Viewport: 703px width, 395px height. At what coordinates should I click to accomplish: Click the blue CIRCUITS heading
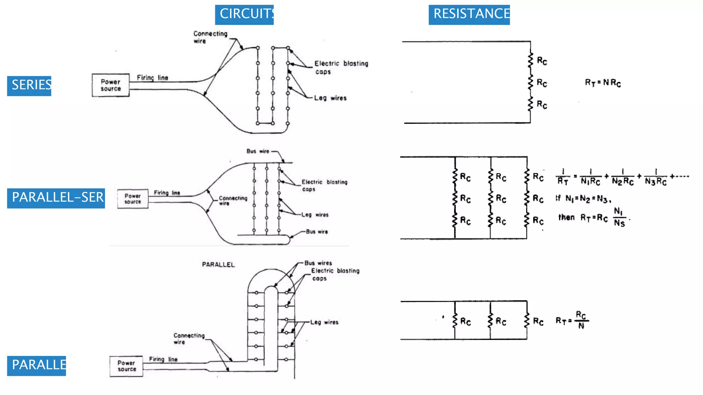pyautogui.click(x=244, y=14)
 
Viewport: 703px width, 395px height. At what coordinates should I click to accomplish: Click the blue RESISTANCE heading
pyautogui.click(x=469, y=14)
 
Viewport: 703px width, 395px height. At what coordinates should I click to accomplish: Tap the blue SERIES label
pyautogui.click(x=29, y=86)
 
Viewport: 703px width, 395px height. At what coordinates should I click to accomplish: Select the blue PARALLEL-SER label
pyautogui.click(x=56, y=198)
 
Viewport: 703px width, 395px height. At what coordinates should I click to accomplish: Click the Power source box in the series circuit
pyautogui.click(x=111, y=85)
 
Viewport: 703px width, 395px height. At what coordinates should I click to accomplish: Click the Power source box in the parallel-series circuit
pyautogui.click(x=132, y=199)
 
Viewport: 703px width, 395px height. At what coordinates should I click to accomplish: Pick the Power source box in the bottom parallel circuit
pyautogui.click(x=126, y=366)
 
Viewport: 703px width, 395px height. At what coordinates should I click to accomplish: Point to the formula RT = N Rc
pyautogui.click(x=603, y=83)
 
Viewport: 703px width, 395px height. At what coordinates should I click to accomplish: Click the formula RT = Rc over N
pyautogui.click(x=573, y=320)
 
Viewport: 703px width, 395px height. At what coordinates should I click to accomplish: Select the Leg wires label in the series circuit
pyautogui.click(x=330, y=98)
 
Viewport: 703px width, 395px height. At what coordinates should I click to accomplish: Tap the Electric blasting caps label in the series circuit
pyautogui.click(x=341, y=67)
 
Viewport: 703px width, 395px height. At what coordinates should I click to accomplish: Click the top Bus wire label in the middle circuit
pyautogui.click(x=258, y=151)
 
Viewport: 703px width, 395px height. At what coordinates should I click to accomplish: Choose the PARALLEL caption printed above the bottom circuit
pyautogui.click(x=218, y=265)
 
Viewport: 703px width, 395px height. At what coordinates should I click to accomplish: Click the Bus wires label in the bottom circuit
pyautogui.click(x=318, y=263)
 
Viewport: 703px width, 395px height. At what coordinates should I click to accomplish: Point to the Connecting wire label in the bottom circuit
pyautogui.click(x=189, y=338)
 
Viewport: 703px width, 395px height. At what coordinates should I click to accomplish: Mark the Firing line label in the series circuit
pyautogui.click(x=152, y=78)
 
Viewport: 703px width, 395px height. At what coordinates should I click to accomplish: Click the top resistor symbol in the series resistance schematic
pyautogui.click(x=531, y=60)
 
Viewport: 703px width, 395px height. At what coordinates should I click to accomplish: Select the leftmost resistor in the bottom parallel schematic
pyautogui.click(x=455, y=321)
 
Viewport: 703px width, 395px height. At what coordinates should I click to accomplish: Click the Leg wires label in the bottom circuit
pyautogui.click(x=324, y=322)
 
